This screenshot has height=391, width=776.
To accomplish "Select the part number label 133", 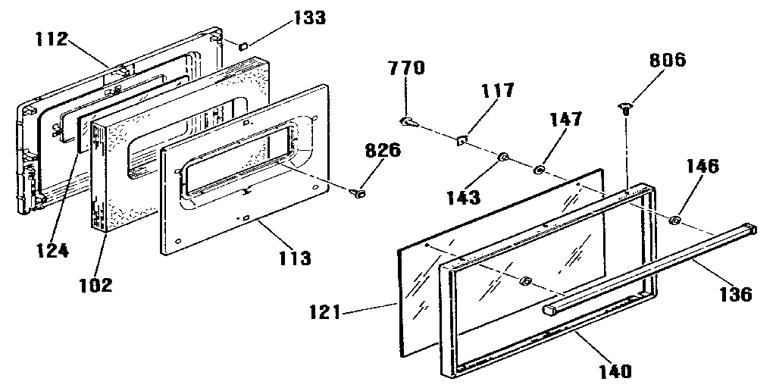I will (x=302, y=17).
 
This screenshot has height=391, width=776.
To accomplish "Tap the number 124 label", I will (x=52, y=250).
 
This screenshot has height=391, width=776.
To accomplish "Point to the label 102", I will (x=96, y=286).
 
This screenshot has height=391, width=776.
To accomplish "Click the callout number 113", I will (x=294, y=258).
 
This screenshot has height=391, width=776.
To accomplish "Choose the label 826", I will (x=383, y=150).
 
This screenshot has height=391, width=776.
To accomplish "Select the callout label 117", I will (x=497, y=92).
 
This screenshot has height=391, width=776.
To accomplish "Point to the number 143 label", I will (x=464, y=199).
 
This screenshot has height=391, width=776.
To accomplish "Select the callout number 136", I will (x=734, y=294).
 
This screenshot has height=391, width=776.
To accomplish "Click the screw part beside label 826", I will (x=358, y=195).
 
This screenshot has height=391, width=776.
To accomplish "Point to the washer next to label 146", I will (x=674, y=221).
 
